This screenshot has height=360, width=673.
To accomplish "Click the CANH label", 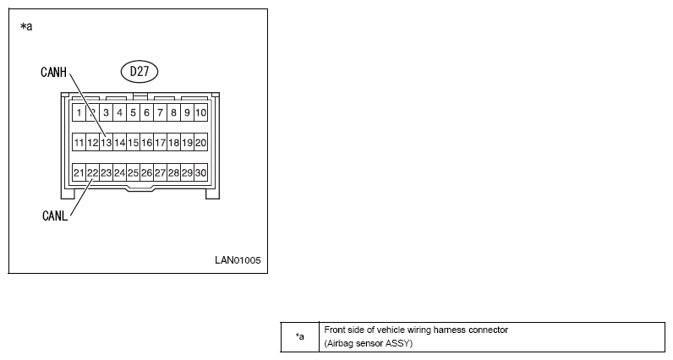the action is click(x=53, y=72).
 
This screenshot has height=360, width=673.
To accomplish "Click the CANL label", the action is click(x=55, y=215).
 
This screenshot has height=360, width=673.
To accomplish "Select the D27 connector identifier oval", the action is click(x=140, y=71).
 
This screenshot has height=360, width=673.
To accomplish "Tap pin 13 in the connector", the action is click(x=106, y=143).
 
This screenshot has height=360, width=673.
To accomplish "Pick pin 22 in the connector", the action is click(x=93, y=172).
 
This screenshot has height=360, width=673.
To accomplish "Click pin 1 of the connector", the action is click(x=79, y=112).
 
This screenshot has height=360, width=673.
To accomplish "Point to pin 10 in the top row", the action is click(x=201, y=112).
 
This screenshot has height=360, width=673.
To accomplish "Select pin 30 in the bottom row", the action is click(x=201, y=172).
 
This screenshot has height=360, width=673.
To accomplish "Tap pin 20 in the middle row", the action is click(x=201, y=143).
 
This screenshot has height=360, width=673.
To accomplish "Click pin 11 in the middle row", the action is click(x=79, y=143).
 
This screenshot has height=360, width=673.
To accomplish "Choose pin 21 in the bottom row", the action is click(x=79, y=172).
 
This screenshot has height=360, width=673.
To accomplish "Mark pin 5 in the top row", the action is click(x=133, y=112).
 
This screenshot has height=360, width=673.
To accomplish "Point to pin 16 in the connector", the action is click(x=147, y=143).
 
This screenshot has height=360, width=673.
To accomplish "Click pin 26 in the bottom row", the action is click(x=147, y=172).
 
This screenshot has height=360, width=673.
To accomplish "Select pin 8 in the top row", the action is click(x=174, y=112).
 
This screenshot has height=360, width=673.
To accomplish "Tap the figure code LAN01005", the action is click(x=238, y=260).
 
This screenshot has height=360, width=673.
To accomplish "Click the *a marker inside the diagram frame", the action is click(x=26, y=26).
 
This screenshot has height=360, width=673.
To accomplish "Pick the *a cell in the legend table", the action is click(x=300, y=337).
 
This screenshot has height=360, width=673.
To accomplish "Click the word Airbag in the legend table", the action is click(x=340, y=343).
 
